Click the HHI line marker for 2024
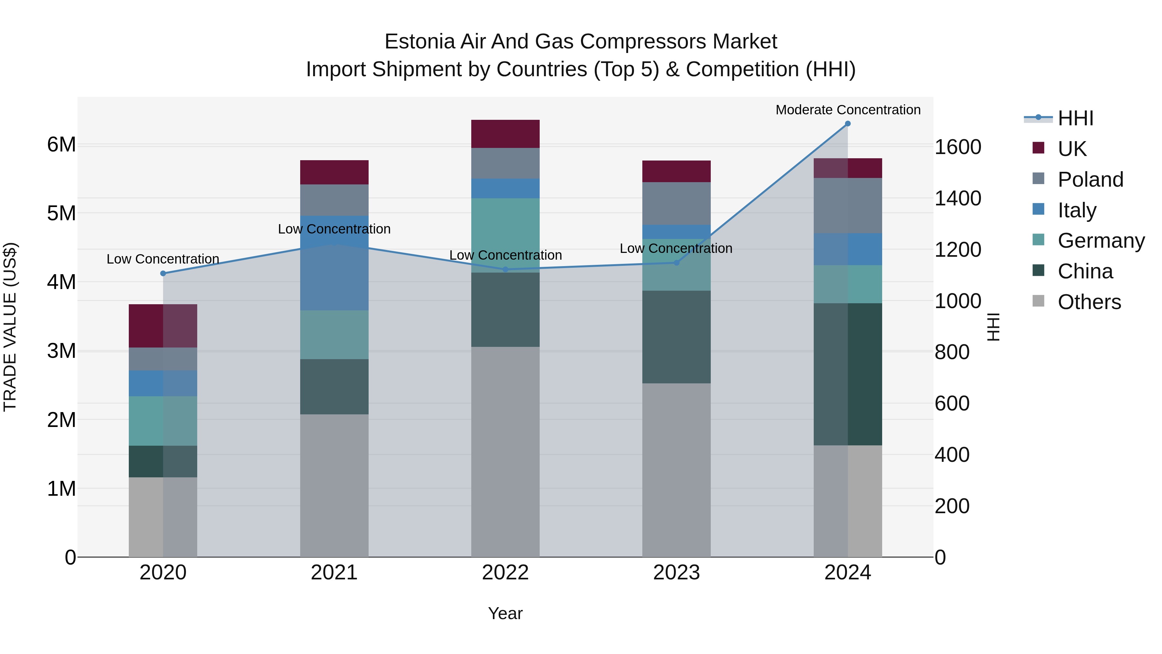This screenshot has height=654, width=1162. click(848, 124)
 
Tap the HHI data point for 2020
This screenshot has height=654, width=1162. click(163, 274)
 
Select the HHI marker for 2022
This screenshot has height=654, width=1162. click(505, 269)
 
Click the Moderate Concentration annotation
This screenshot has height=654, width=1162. click(848, 110)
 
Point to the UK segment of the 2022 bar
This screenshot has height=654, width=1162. click(505, 134)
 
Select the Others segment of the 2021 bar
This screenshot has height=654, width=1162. click(334, 485)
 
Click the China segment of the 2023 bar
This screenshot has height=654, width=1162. click(676, 337)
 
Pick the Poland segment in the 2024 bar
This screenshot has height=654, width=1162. click(848, 206)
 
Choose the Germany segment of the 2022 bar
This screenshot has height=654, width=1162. click(505, 235)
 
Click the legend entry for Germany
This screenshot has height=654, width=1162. click(1101, 241)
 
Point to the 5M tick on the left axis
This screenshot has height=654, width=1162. click(61, 213)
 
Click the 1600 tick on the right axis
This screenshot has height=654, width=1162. click(958, 147)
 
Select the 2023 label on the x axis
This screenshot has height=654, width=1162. click(676, 573)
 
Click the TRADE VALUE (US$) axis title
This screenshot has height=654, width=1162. click(10, 327)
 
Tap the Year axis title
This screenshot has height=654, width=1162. click(505, 613)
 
